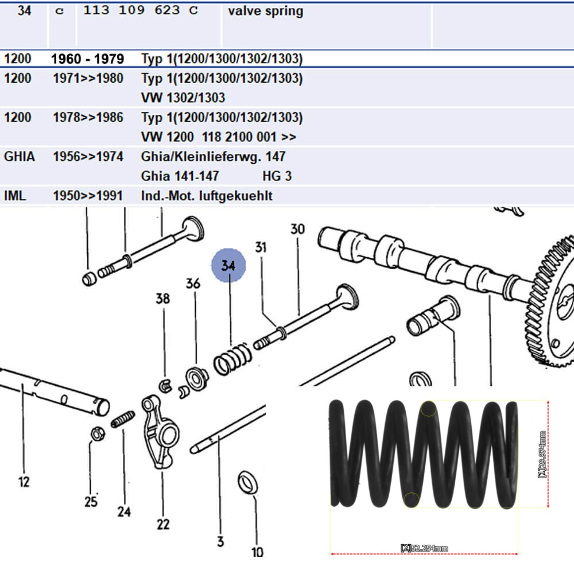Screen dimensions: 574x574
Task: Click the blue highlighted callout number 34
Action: click(x=228, y=265)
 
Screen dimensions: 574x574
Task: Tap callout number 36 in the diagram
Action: click(x=193, y=284)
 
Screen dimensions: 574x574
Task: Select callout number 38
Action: click(x=163, y=298)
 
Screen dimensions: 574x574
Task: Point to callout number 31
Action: click(x=261, y=247)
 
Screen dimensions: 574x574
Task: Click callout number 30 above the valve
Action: click(x=297, y=229)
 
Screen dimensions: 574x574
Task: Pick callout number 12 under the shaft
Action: click(x=24, y=482)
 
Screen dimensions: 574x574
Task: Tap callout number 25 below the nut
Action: click(x=91, y=502)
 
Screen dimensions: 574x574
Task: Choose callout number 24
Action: click(x=125, y=511)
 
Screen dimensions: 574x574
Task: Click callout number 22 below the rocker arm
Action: click(x=163, y=523)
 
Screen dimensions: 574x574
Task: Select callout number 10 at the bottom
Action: click(x=257, y=552)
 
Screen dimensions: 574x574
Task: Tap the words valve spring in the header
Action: click(x=265, y=11)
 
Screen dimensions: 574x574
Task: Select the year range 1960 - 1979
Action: click(x=87, y=59)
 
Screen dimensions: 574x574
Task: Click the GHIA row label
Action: click(x=19, y=157)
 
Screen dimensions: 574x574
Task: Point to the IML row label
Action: click(x=15, y=196)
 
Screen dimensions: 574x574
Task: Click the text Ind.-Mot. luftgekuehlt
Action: click(x=207, y=196)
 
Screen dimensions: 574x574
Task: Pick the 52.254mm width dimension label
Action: click(x=425, y=549)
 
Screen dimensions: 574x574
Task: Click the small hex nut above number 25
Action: click(x=96, y=434)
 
